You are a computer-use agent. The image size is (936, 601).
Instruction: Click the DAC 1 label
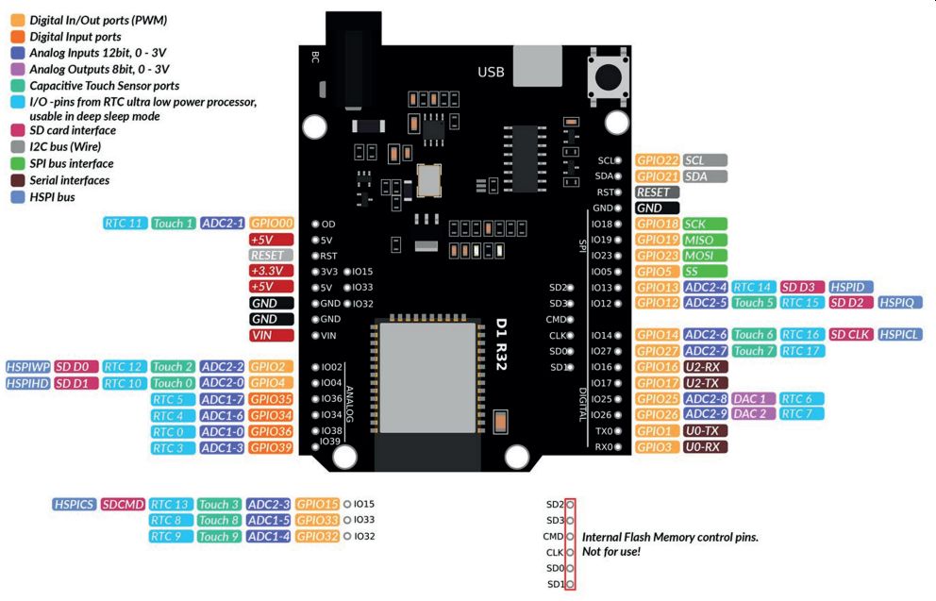click(753, 399)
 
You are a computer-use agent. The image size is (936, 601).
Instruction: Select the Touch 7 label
click(753, 351)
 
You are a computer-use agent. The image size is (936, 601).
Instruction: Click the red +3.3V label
click(272, 271)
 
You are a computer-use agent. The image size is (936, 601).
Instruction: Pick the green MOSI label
click(705, 256)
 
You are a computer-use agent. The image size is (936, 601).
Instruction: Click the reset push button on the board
click(609, 76)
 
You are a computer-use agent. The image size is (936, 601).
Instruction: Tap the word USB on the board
click(491, 73)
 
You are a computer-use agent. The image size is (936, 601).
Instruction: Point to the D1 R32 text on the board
click(501, 344)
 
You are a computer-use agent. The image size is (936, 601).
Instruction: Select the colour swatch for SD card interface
click(18, 130)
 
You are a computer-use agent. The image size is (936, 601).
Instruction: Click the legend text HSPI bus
click(53, 197)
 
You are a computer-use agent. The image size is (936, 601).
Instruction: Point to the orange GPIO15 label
click(317, 505)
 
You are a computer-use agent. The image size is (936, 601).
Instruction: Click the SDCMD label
click(123, 505)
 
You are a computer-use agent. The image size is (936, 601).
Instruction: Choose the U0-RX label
click(705, 446)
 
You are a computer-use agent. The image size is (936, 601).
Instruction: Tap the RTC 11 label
click(125, 224)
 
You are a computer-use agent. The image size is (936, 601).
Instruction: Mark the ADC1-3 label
click(222, 447)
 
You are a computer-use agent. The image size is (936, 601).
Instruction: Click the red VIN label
click(272, 336)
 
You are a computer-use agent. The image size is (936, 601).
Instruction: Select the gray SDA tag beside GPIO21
click(705, 176)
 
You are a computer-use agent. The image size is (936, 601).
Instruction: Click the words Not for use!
click(611, 551)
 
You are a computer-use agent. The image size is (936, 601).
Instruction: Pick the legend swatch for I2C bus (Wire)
click(18, 147)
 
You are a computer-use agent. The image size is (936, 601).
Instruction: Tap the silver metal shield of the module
click(428, 377)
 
